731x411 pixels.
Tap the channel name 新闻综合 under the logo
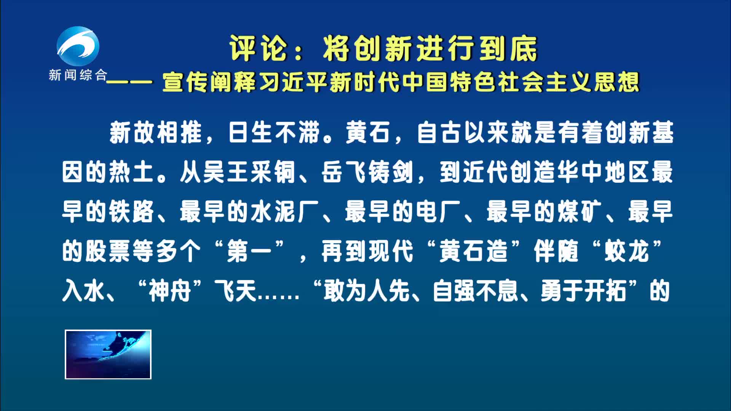[x=78, y=75]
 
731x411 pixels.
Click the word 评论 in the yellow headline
[x=258, y=49]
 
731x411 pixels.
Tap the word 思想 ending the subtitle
[x=616, y=82]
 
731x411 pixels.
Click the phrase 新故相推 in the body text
[x=156, y=133]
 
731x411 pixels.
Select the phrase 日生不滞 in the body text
[x=274, y=133]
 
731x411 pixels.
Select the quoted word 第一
[x=249, y=252]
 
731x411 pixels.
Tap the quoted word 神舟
[x=170, y=291]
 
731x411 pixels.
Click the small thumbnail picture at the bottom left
[x=108, y=355]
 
